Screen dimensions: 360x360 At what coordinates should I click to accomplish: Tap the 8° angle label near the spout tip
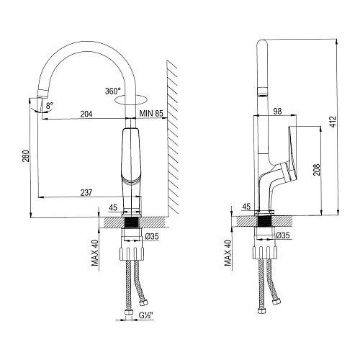48,107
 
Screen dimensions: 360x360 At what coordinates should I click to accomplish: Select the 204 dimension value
86,113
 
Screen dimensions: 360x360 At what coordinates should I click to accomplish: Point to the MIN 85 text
151,113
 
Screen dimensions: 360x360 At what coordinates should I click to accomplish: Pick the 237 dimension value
86,192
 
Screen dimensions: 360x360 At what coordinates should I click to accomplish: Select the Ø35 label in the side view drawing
284,235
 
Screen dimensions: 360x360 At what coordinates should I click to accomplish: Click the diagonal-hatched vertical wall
174,137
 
